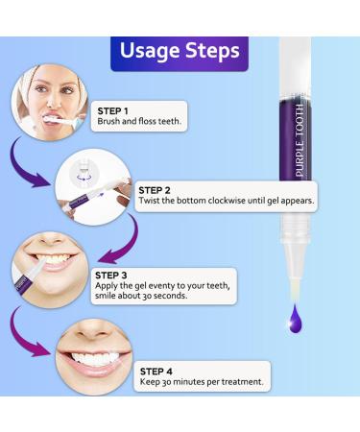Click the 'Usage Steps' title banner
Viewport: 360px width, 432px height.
(180, 54)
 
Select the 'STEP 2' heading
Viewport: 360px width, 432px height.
(155, 190)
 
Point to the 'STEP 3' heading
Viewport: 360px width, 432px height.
(110, 276)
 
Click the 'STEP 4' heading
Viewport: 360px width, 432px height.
(156, 372)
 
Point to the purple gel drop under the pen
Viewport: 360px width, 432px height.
(295, 319)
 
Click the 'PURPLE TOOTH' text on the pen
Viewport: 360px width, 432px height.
(300, 140)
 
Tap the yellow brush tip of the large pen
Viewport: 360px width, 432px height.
(295, 290)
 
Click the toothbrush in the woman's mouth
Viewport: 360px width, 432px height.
(61, 121)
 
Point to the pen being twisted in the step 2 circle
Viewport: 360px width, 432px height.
(94, 198)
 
